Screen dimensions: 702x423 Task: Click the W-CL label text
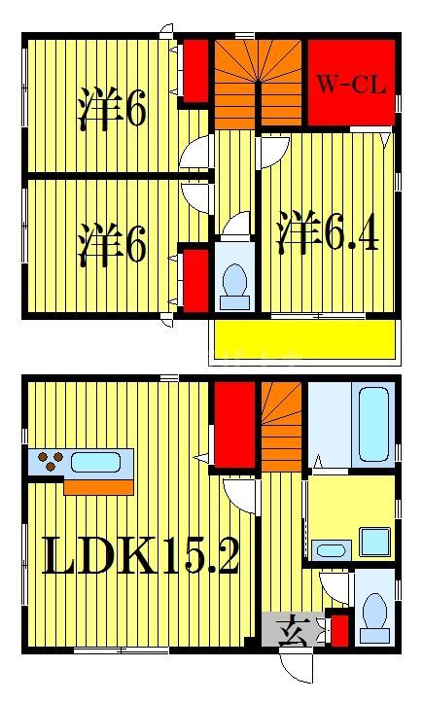click(x=350, y=84)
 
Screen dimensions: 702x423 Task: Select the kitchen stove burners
click(x=47, y=462)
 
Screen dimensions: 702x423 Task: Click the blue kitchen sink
click(x=94, y=462)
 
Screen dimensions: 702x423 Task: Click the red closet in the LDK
click(x=234, y=425)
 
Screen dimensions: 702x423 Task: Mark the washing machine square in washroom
click(x=374, y=541)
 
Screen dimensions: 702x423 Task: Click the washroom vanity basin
click(x=332, y=550)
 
